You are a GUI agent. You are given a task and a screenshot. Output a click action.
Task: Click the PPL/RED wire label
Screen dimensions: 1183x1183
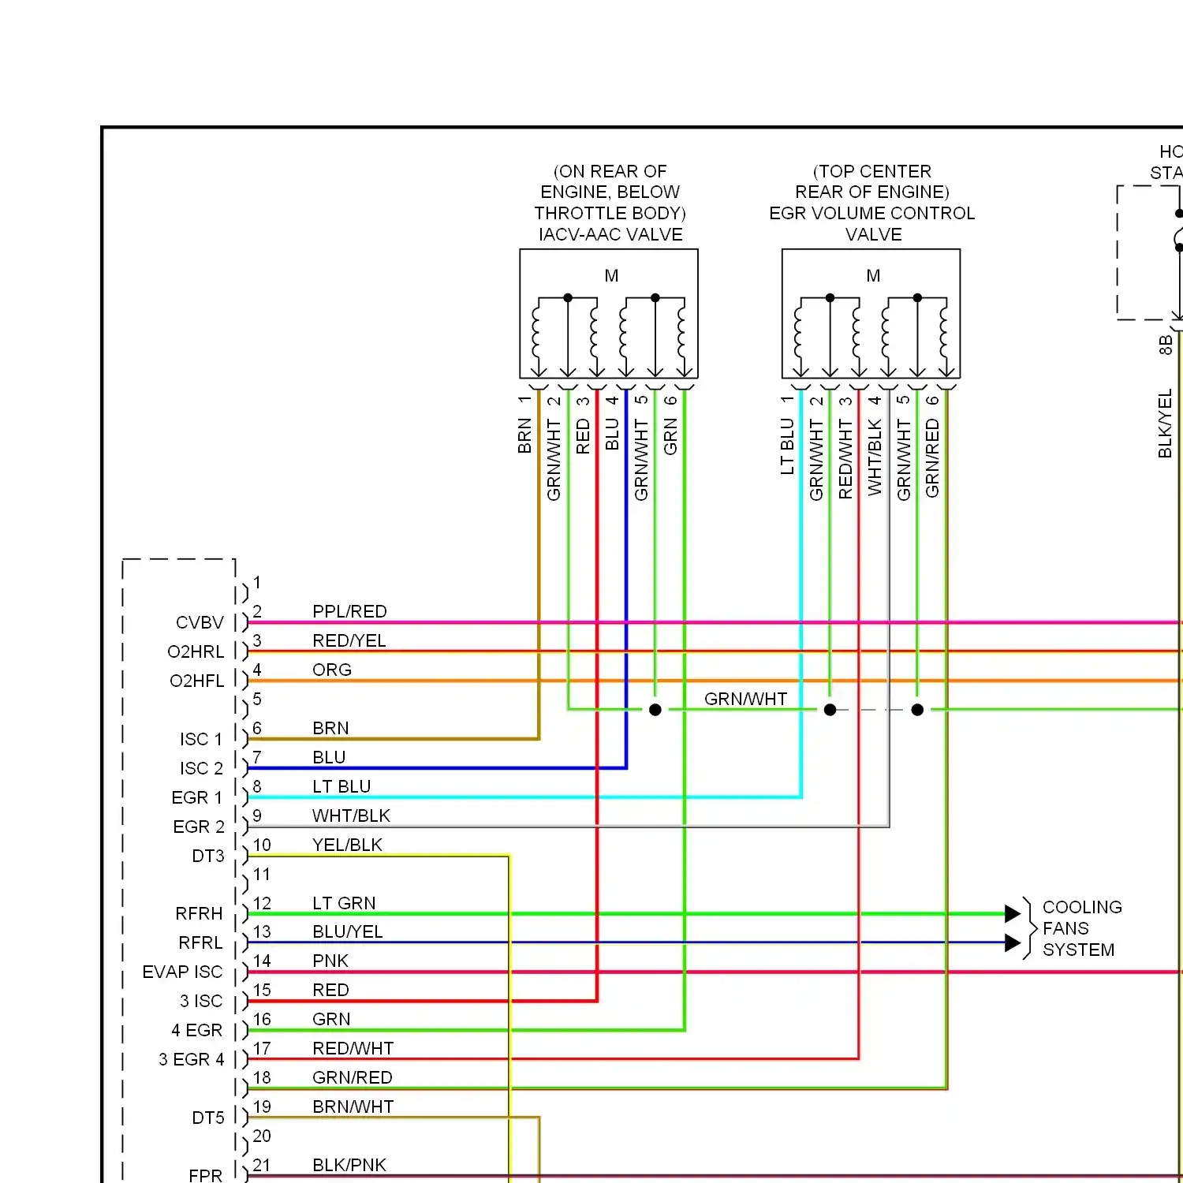[x=349, y=611]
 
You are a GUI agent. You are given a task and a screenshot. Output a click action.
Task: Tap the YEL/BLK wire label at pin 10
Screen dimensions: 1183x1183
[x=347, y=845]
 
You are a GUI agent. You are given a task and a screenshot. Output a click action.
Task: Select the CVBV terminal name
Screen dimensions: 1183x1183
[x=200, y=622]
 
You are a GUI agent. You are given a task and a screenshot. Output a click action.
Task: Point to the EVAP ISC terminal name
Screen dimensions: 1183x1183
[x=182, y=972]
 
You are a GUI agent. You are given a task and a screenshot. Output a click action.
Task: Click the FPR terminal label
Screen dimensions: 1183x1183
[x=205, y=1175]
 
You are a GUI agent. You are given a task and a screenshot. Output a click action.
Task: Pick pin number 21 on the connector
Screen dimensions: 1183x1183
[x=262, y=1165]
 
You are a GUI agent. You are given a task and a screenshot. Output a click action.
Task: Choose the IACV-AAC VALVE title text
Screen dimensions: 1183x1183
[x=610, y=234]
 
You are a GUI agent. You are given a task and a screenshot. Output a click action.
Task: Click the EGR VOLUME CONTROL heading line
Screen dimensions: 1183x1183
[x=871, y=213]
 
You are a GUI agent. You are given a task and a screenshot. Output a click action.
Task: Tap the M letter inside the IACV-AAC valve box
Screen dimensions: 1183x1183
[x=611, y=276]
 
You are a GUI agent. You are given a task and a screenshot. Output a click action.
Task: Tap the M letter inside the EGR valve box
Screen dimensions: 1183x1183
[x=873, y=276]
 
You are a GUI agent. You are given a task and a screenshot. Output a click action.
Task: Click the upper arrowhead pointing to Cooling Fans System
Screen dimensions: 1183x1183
[x=1013, y=913]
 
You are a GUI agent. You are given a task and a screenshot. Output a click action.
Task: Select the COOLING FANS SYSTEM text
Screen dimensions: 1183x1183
[x=1080, y=928]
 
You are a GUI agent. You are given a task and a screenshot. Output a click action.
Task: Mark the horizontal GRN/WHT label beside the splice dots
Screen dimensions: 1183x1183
[x=745, y=699]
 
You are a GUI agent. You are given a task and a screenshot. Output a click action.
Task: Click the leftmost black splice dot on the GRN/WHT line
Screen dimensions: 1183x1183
[x=655, y=710]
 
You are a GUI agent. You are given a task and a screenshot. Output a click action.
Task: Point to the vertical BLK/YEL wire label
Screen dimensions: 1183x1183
[x=1165, y=424]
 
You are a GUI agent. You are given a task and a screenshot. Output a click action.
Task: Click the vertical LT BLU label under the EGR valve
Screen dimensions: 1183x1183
[x=787, y=446]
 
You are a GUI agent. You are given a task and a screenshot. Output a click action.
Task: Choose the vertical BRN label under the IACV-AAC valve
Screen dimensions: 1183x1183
[x=524, y=436]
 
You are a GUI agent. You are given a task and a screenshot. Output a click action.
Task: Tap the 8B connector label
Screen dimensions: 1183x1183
[x=1165, y=345]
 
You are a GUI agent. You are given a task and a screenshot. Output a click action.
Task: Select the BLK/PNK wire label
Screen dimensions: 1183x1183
[x=349, y=1165]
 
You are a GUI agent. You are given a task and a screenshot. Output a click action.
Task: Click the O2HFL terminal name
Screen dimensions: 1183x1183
[x=196, y=681]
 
